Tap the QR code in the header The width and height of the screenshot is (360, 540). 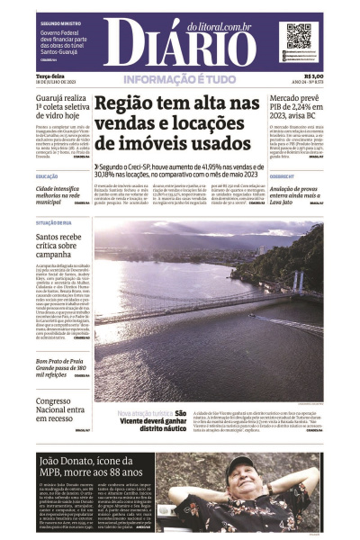click(x=297, y=35)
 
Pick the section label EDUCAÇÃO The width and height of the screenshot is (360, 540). click(x=47, y=176)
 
